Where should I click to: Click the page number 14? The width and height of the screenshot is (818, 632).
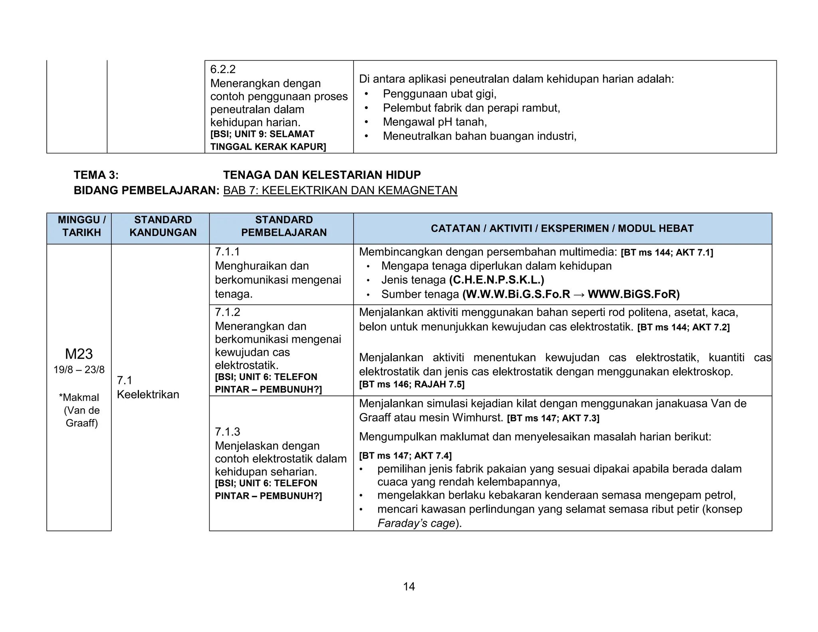(x=409, y=586)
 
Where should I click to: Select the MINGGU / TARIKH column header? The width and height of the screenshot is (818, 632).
(x=81, y=226)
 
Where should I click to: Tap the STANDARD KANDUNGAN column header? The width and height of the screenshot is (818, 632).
(x=163, y=226)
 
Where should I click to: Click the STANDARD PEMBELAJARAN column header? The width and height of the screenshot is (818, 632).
(x=284, y=226)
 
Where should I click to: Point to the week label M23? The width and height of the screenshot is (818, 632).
(x=79, y=354)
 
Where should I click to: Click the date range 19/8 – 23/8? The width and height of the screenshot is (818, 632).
(x=79, y=370)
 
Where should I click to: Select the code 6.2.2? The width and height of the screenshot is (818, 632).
(x=223, y=70)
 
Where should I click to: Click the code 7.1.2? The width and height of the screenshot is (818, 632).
(x=227, y=312)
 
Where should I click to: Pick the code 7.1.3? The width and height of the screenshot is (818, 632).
(x=227, y=431)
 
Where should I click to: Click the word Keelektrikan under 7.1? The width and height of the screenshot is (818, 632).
(x=148, y=395)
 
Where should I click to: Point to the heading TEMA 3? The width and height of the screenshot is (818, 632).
(x=96, y=175)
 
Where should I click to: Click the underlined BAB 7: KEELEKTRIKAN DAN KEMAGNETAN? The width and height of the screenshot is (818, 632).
(x=340, y=190)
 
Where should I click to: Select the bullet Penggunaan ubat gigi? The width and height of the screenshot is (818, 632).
(x=439, y=94)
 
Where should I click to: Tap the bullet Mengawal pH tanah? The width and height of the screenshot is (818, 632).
(x=435, y=122)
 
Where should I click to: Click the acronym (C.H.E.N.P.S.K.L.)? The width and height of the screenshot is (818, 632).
(x=496, y=280)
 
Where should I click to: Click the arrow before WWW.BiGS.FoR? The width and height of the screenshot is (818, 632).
(x=579, y=294)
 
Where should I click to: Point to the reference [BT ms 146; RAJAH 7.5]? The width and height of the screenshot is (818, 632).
(x=411, y=384)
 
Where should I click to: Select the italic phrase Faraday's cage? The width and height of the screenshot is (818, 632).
(x=416, y=523)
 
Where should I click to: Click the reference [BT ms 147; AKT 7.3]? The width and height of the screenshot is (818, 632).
(x=553, y=418)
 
